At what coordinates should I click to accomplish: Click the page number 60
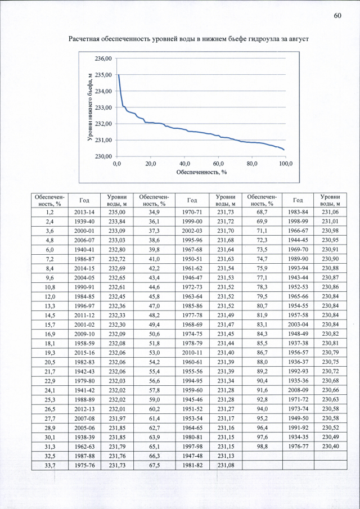[337, 16]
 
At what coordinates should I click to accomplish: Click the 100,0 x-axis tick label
[286, 163]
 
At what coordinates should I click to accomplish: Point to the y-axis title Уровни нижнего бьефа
[90, 107]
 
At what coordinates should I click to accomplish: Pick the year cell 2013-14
[84, 212]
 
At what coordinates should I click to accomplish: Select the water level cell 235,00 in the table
[117, 212]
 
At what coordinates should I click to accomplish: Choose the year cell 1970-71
[192, 212]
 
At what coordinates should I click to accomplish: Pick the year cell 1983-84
[298, 212]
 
